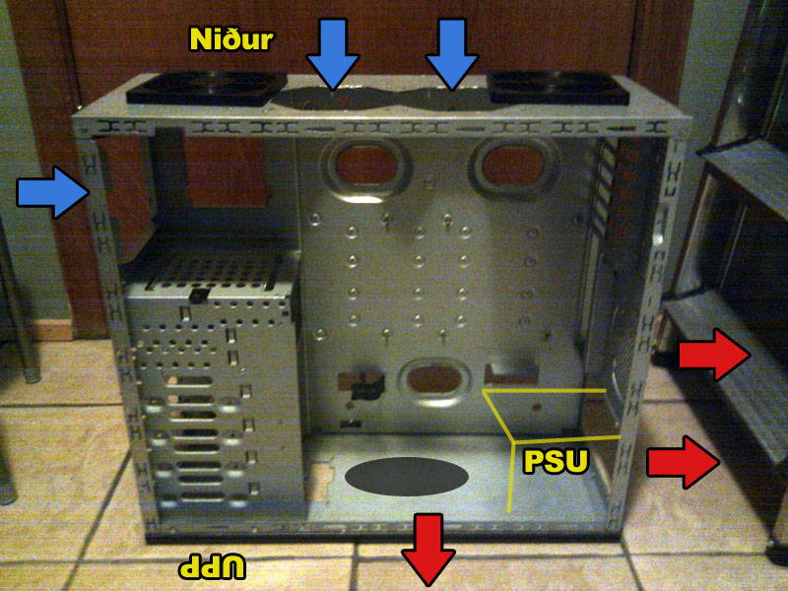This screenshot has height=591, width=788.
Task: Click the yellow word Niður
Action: (x=231, y=39)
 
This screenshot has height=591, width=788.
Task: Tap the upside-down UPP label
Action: (x=213, y=567)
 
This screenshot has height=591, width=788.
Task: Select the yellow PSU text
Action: (x=556, y=461)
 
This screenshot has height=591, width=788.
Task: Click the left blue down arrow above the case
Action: (x=333, y=54)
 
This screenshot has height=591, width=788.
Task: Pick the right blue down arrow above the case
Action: (x=452, y=54)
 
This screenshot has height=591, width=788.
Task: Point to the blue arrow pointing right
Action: (x=53, y=192)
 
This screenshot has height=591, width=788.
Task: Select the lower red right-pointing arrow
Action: (x=684, y=462)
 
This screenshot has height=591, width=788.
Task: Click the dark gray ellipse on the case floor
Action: (x=407, y=477)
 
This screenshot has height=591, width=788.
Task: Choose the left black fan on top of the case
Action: (x=206, y=88)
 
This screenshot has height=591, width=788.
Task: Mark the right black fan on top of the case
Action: (x=558, y=87)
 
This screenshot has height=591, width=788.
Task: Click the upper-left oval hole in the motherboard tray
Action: (x=365, y=166)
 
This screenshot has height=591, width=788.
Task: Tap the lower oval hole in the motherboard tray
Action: (x=434, y=379)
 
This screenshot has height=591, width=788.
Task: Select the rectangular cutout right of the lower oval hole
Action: (x=511, y=373)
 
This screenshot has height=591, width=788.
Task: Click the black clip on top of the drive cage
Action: (x=199, y=295)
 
